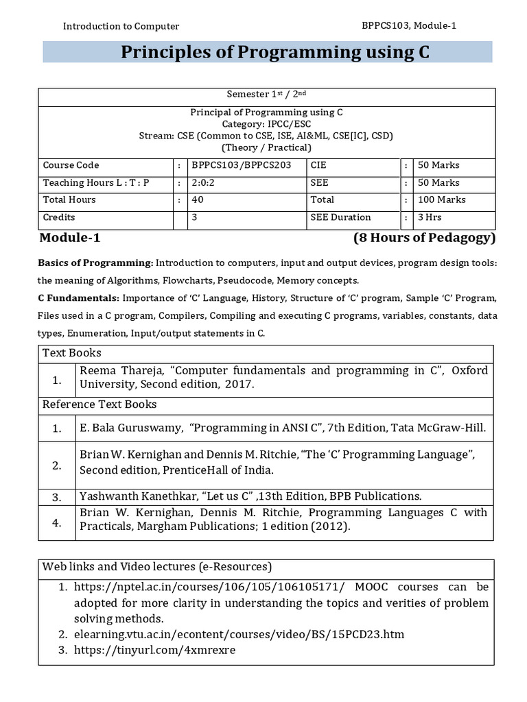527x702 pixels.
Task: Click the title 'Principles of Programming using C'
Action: pyautogui.click(x=275, y=53)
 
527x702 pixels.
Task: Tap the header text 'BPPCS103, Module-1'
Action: pyautogui.click(x=409, y=25)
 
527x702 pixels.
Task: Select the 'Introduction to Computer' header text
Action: pyautogui.click(x=121, y=26)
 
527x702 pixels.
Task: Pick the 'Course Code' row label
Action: pyautogui.click(x=71, y=165)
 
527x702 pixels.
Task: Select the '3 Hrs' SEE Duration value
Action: pyautogui.click(x=430, y=217)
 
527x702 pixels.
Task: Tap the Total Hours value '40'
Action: pyautogui.click(x=198, y=200)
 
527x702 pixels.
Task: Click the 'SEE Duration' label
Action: pyautogui.click(x=340, y=217)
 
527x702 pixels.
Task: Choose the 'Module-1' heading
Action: pyautogui.click(x=70, y=239)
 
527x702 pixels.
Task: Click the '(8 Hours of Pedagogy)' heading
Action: pyautogui.click(x=423, y=239)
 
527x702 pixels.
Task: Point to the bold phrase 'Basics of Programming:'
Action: pyautogui.click(x=95, y=263)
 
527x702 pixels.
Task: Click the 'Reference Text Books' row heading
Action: pyautogui.click(x=99, y=404)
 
